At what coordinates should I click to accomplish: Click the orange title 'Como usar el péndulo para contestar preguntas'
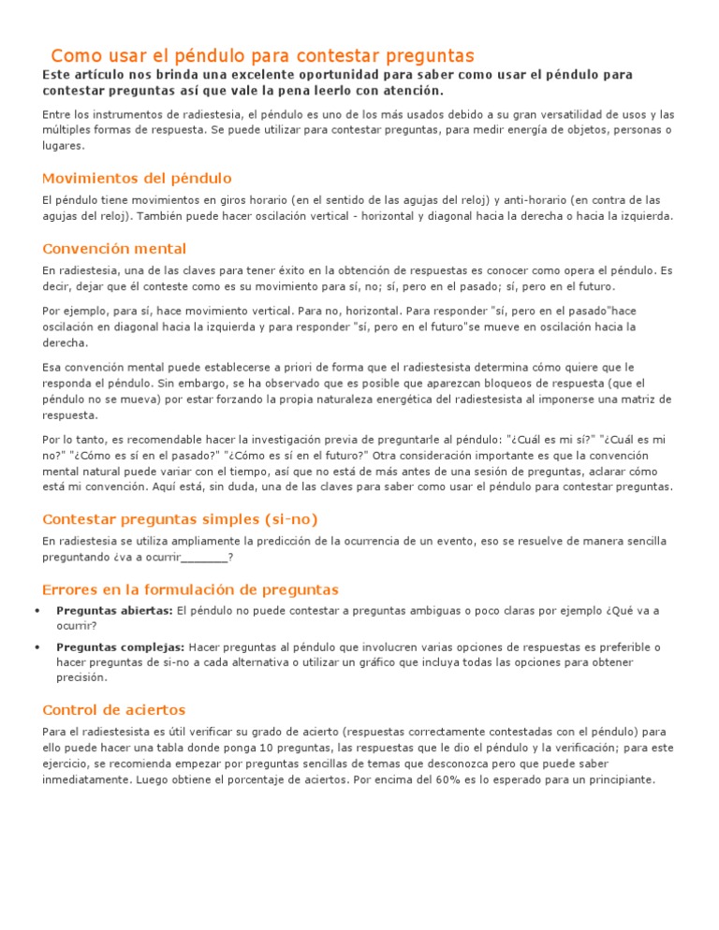[262, 56]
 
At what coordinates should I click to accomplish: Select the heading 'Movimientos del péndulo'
[137, 178]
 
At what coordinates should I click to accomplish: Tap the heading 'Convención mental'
[114, 249]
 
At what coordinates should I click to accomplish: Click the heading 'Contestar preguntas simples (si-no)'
[186, 519]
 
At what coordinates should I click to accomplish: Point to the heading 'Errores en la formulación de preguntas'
[190, 589]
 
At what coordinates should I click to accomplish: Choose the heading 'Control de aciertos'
[114, 709]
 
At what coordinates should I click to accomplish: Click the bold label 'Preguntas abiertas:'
[114, 611]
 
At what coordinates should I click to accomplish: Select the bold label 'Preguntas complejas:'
[120, 647]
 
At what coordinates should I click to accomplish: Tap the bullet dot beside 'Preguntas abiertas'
[36, 611]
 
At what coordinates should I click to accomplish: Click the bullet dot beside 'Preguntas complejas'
[36, 647]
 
